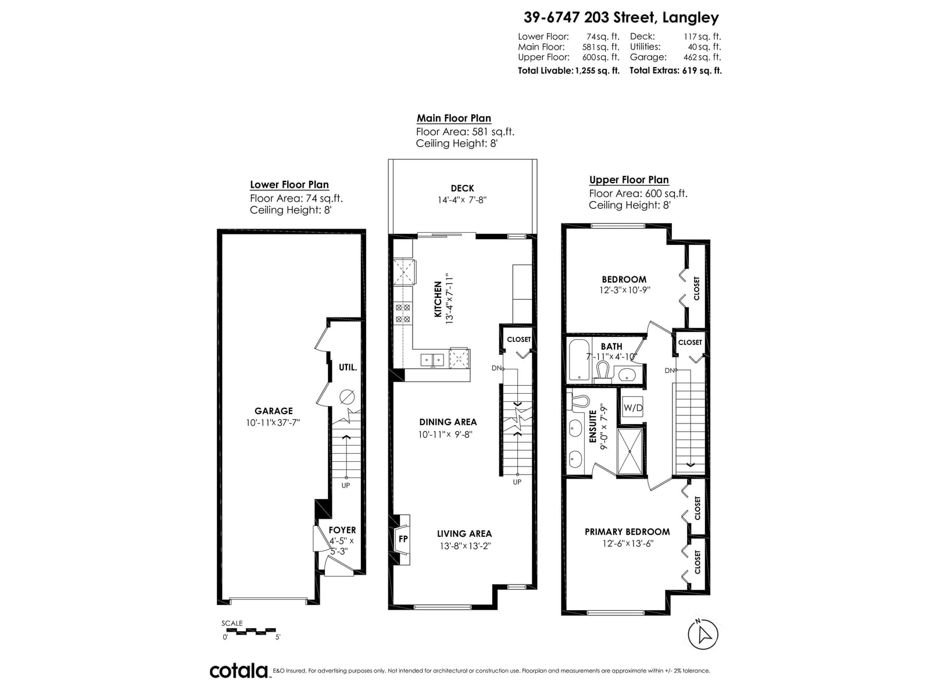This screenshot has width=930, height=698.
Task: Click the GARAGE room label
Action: (x=273, y=411)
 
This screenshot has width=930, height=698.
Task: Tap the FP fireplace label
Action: (x=403, y=539)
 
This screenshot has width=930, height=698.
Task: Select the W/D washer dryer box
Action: (x=633, y=408)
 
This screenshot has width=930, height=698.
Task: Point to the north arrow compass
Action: (x=703, y=633)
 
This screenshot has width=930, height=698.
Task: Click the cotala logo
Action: (x=239, y=671)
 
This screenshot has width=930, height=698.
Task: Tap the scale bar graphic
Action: (x=249, y=631)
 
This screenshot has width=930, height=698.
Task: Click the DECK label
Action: (x=462, y=188)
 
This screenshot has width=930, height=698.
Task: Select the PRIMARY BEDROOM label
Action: (x=627, y=532)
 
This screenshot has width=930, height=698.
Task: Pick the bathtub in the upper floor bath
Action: (x=578, y=359)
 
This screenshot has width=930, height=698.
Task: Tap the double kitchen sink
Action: (x=432, y=360)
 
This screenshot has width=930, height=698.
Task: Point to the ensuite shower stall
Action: (x=629, y=451)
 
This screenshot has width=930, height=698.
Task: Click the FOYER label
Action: (x=342, y=530)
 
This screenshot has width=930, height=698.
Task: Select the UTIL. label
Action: (x=348, y=368)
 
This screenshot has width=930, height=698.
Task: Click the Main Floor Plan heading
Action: (x=454, y=118)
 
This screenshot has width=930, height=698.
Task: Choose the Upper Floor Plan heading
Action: (x=629, y=180)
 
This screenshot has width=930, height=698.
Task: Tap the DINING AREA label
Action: (x=448, y=422)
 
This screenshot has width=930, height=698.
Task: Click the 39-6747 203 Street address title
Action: (x=621, y=18)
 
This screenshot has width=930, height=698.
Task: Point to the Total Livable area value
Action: (x=597, y=71)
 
